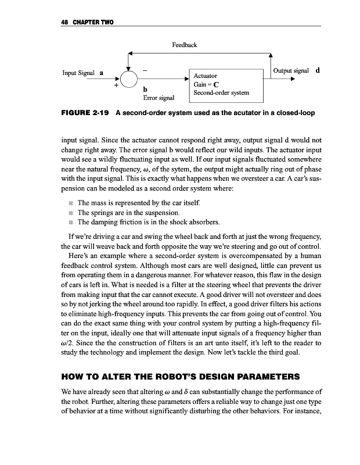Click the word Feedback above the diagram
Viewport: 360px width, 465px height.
(185, 45)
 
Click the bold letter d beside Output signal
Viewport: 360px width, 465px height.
(318, 70)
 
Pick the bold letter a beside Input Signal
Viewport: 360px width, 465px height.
(102, 74)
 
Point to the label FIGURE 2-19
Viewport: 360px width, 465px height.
(84, 113)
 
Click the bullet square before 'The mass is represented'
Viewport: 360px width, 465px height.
(68, 203)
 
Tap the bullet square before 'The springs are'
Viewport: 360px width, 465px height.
(68, 213)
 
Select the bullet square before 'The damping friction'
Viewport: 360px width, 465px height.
(68, 223)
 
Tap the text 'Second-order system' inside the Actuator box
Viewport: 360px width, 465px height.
(222, 93)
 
